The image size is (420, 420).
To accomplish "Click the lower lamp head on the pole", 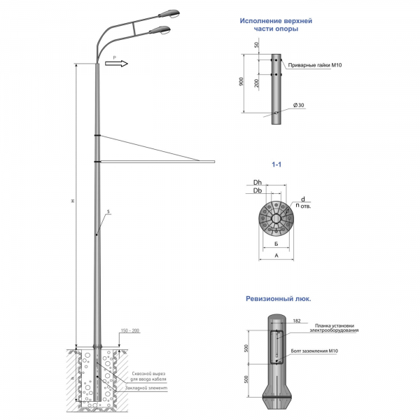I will [162, 30].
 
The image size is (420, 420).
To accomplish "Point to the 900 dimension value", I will [239, 82].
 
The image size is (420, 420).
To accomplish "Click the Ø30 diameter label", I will [300, 105].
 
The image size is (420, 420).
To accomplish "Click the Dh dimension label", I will [258, 183].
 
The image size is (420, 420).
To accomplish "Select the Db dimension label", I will [258, 190].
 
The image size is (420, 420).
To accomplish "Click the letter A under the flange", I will [277, 256].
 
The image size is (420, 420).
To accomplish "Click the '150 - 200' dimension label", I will [131, 330].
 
